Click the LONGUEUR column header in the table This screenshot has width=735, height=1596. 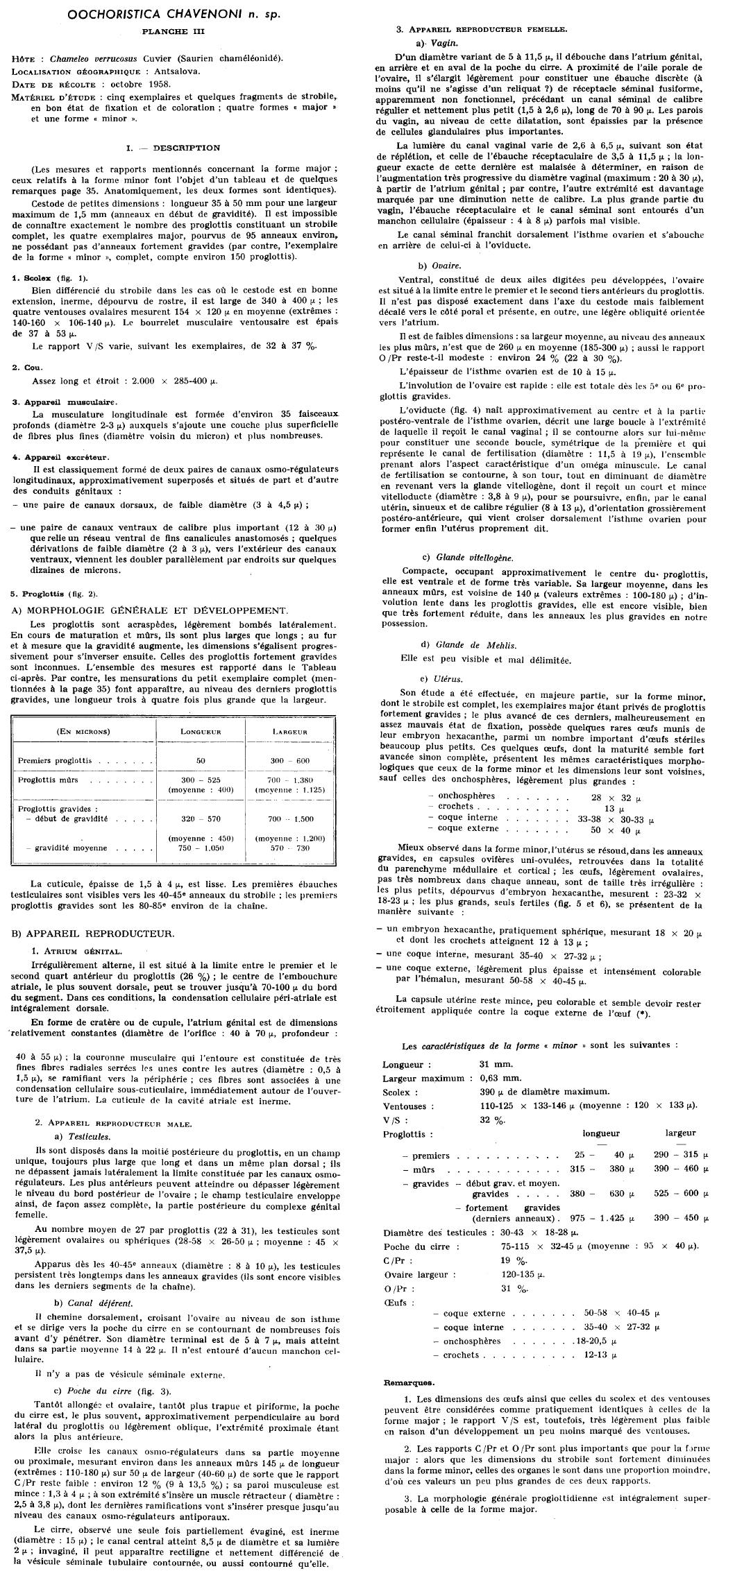(x=201, y=732)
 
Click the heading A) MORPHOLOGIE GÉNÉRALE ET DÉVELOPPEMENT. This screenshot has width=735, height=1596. (x=149, y=610)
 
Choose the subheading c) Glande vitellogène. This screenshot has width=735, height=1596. (x=468, y=557)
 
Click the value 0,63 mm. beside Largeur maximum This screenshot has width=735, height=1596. (x=500, y=1078)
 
